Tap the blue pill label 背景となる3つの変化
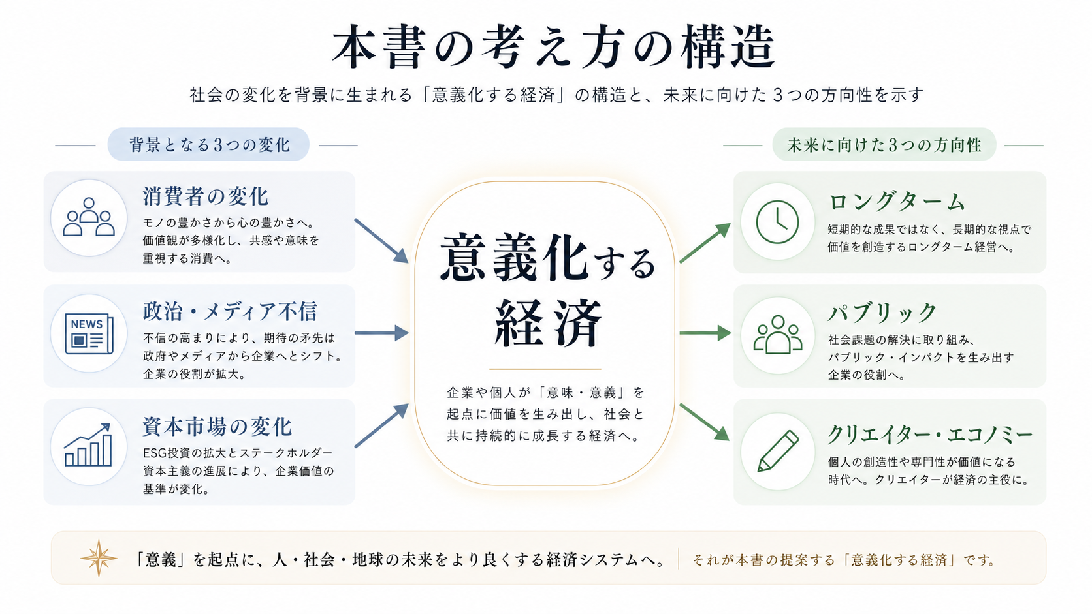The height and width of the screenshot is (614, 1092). pos(208,144)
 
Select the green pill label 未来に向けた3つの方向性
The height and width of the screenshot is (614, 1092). pos(884,144)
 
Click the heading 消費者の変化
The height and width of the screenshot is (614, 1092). pos(206,196)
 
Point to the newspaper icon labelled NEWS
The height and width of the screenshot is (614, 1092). pos(89,333)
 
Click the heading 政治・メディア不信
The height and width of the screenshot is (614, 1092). pos(230,311)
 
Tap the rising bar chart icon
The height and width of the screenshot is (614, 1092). pos(89,446)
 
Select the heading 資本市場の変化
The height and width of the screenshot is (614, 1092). pos(217,427)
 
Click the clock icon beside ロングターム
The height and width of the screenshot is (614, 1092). pos(777,222)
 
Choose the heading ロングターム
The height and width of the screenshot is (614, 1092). pos(896,202)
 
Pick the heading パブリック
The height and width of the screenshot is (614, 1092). pos(882,313)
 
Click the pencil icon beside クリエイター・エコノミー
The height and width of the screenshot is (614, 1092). pos(778,451)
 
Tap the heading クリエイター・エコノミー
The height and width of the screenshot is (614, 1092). pos(930,434)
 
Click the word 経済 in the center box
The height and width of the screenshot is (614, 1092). pos(547,324)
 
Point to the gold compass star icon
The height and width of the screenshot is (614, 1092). pos(99,559)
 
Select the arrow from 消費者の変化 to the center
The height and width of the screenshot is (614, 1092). pos(381,241)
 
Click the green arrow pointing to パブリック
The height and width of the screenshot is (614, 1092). pos(705,333)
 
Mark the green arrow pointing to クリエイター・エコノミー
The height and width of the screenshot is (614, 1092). pos(705,422)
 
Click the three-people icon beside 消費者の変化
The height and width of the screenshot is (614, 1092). pos(89,218)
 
